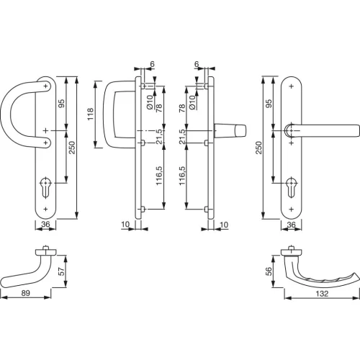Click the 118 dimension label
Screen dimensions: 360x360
click(x=91, y=114)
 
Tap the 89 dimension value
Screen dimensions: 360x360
click(x=26, y=293)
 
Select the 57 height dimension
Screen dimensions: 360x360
click(x=62, y=271)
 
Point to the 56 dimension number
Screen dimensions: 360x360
click(x=269, y=271)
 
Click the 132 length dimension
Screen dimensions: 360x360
click(x=322, y=294)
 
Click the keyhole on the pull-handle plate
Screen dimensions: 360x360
click(x=45, y=188)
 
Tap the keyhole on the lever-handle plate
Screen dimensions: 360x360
click(x=292, y=188)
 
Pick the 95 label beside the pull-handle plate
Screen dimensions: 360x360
click(x=62, y=104)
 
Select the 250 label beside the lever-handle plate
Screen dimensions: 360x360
click(x=258, y=148)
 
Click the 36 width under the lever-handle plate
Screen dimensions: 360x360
click(x=291, y=225)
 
